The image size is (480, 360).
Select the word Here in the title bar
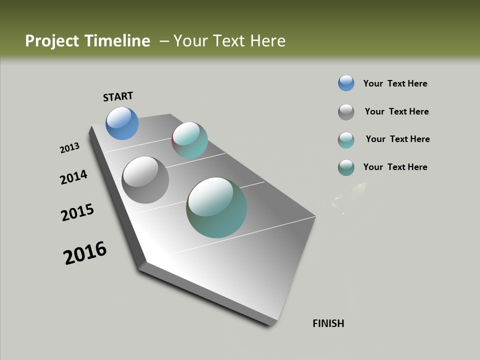267,41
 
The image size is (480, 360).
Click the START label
118,96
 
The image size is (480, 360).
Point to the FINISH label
328,323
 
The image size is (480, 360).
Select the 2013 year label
69,148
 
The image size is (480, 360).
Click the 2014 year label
74,177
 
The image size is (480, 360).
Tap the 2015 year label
77,212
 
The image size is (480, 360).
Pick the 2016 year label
85,253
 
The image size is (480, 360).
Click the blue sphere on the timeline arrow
122,123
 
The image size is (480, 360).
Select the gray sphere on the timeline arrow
145,180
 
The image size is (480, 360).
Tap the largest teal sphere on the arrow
216,207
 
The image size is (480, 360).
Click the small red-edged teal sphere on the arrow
189,140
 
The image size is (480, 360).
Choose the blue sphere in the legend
346,83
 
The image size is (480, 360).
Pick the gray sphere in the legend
346,112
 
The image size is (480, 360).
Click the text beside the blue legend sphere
395,83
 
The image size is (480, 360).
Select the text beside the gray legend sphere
396,111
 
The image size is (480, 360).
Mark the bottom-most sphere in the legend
346,167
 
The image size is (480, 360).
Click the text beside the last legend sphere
395,167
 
